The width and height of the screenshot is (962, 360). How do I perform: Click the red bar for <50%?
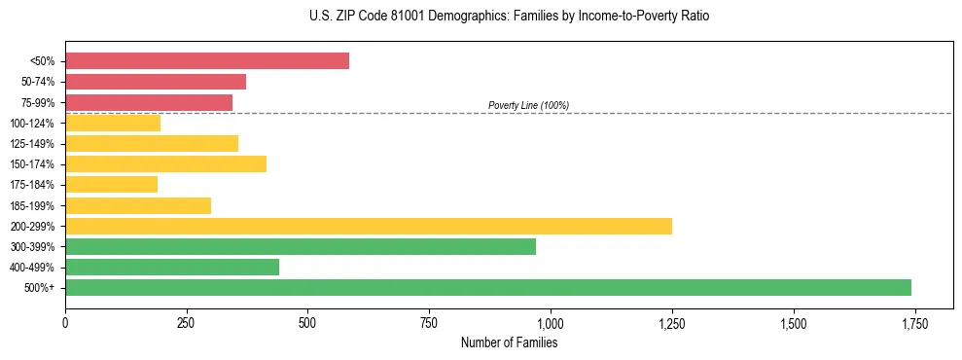[207, 61]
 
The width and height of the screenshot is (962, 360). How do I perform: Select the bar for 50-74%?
[156, 82]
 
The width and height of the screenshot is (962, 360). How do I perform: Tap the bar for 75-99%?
[149, 102]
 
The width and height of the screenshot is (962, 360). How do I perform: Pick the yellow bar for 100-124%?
[113, 123]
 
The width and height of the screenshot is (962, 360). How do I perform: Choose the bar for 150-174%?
[165, 164]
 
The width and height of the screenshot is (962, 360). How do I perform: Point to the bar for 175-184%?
[111, 185]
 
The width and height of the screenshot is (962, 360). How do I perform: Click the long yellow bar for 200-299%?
[369, 226]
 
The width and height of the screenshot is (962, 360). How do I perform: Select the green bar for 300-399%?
[301, 246]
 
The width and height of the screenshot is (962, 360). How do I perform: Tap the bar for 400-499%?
[172, 267]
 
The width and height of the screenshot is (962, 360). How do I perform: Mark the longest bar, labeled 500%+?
[488, 287]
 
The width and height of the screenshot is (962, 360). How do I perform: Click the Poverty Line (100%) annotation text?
[528, 105]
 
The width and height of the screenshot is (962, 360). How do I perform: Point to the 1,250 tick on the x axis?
[672, 322]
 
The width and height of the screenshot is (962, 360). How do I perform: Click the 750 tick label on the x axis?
[429, 322]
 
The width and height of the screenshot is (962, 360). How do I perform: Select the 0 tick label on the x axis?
[65, 322]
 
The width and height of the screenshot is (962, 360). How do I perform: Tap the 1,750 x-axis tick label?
[914, 322]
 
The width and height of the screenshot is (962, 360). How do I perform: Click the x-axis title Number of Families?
[509, 342]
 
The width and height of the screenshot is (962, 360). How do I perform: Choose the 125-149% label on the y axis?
[32, 144]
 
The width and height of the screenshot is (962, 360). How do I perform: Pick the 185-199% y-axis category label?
[32, 205]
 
